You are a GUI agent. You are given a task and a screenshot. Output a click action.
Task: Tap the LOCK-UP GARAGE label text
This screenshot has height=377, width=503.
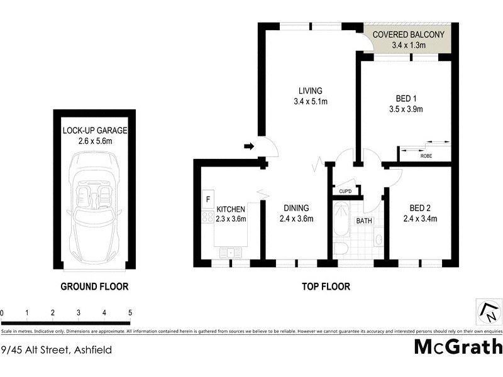[95, 136]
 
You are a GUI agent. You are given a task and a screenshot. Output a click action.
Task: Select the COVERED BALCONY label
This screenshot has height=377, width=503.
[409, 40]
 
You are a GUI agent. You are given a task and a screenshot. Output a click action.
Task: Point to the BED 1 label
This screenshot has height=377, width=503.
[406, 104]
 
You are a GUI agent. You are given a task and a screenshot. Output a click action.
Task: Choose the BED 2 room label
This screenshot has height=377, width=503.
[419, 214]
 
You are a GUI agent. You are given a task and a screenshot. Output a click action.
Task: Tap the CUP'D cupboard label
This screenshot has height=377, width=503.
[345, 192]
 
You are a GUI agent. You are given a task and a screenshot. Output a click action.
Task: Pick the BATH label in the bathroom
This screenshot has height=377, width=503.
[364, 221]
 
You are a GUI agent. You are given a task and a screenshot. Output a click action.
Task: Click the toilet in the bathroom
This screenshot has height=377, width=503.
[340, 249]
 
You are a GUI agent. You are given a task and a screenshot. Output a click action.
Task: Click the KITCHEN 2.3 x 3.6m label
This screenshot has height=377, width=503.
[231, 214]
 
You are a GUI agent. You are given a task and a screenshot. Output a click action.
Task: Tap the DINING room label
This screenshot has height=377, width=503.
[296, 214]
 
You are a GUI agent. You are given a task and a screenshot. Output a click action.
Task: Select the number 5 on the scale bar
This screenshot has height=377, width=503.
[130, 312]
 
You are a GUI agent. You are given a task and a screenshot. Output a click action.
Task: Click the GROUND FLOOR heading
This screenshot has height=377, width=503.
[94, 287]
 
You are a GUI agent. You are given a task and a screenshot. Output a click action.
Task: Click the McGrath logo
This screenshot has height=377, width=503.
[458, 347]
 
